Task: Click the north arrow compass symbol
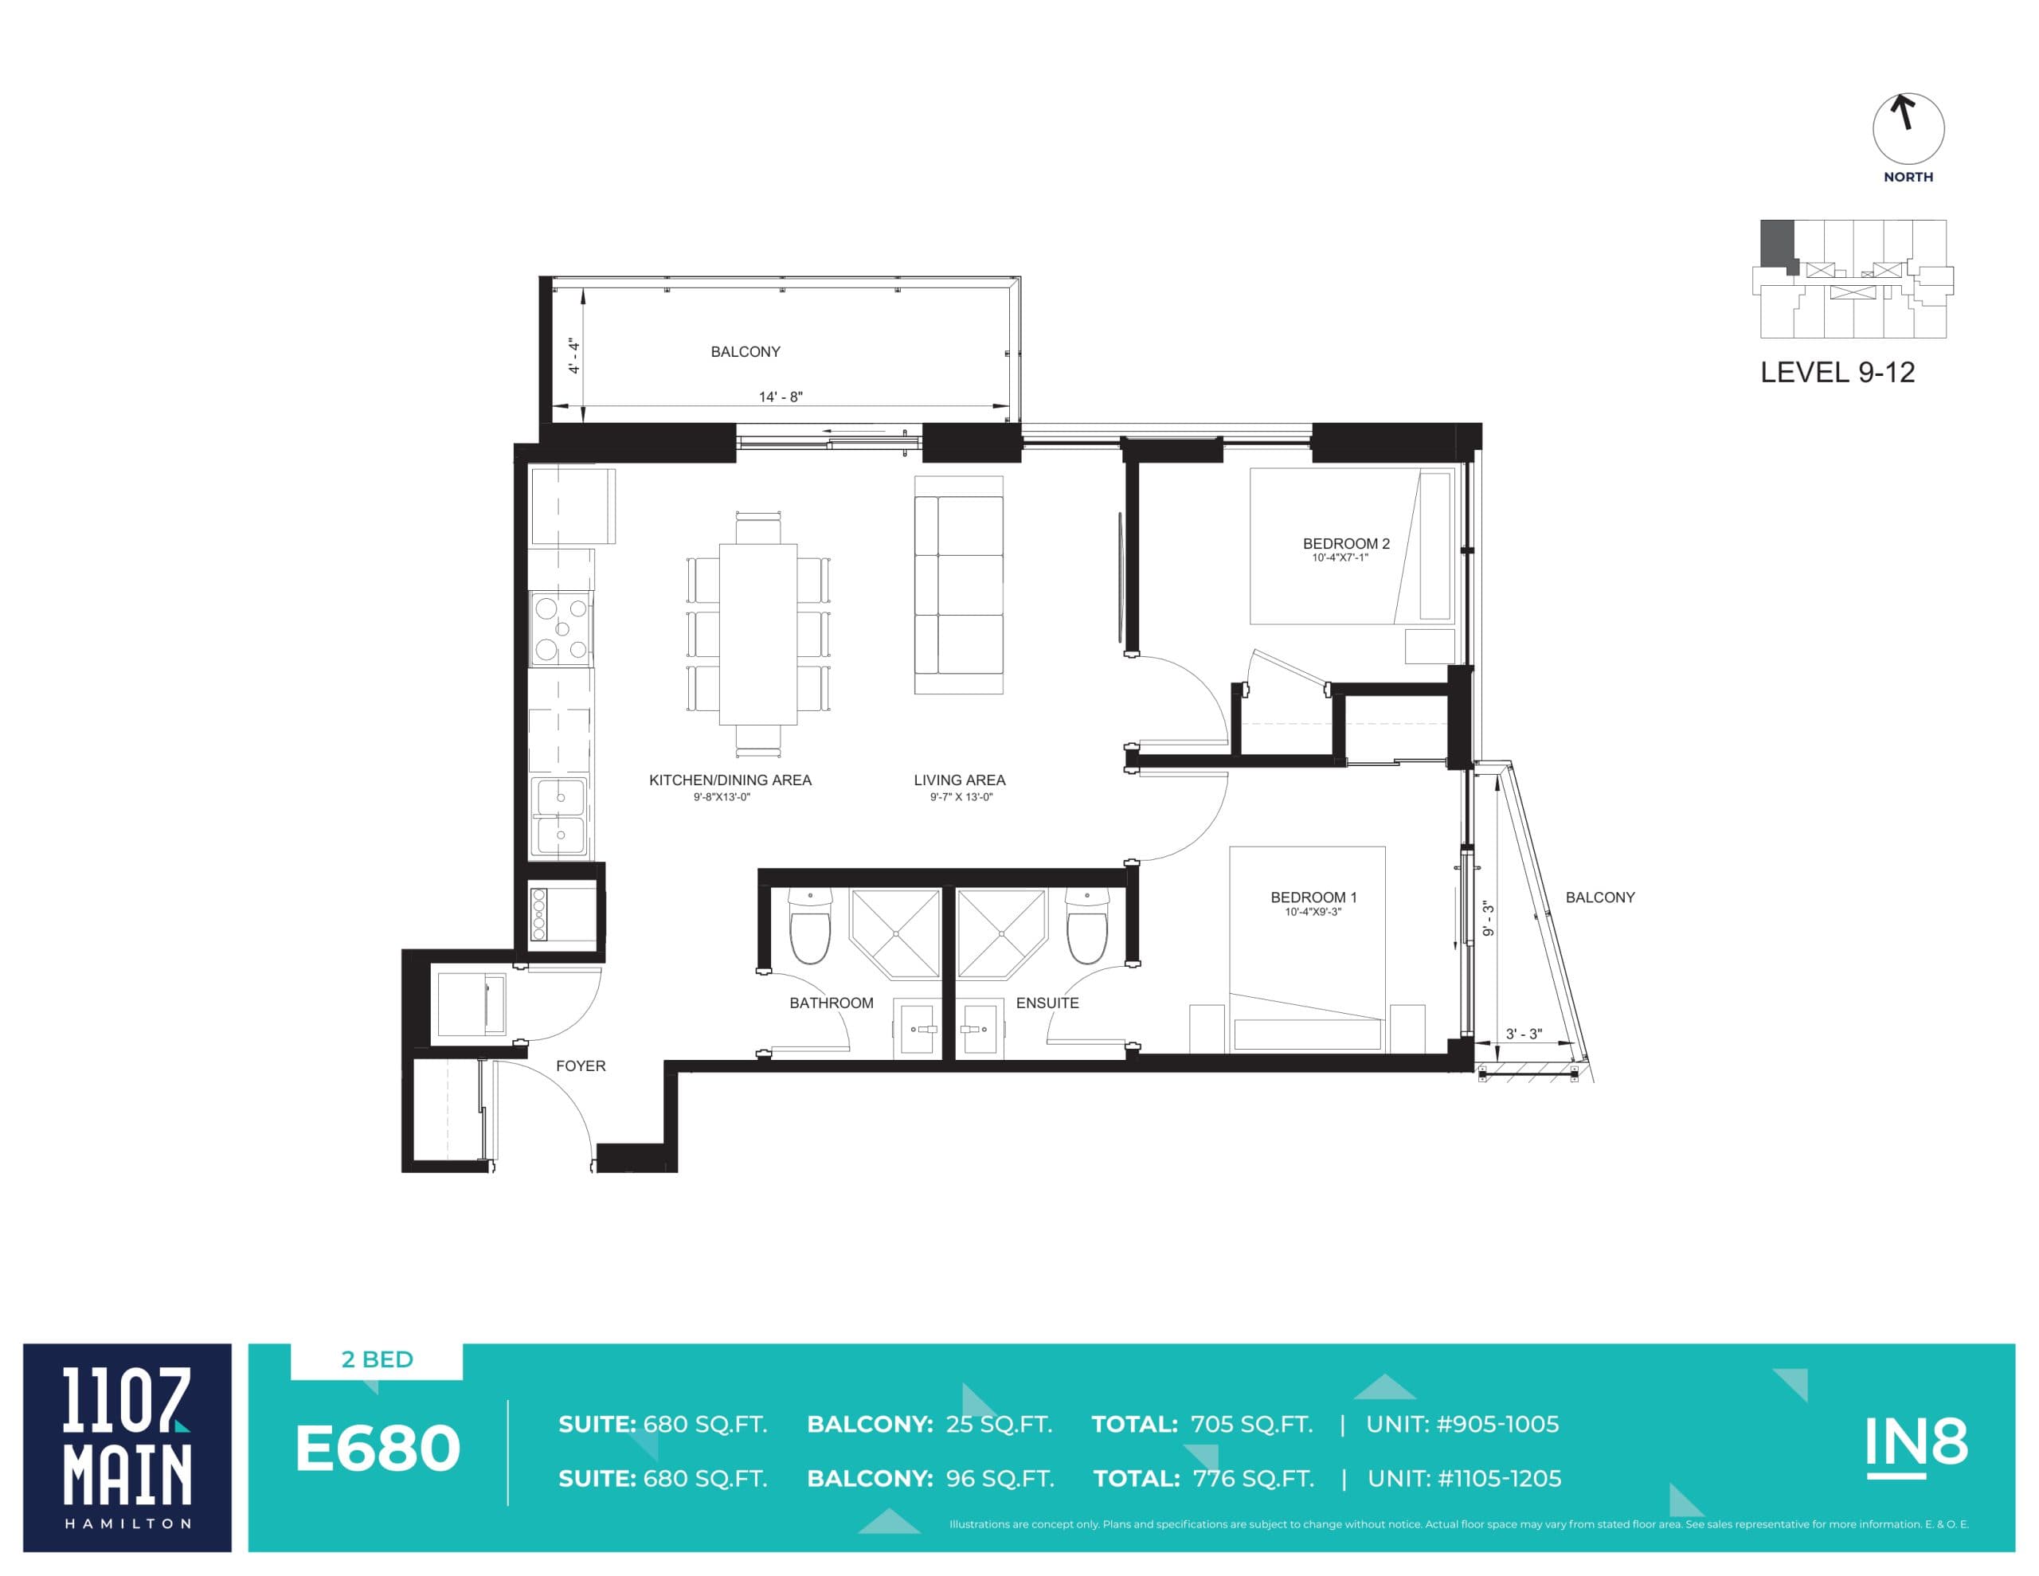tap(1908, 130)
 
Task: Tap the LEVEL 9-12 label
tap(1837, 373)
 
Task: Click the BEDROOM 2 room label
tap(1345, 543)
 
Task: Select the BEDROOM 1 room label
tap(1313, 897)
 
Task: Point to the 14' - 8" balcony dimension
tap(780, 397)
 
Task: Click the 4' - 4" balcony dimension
tap(574, 356)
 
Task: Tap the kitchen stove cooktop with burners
tap(560, 628)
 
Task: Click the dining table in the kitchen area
tap(757, 634)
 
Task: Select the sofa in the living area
tap(958, 585)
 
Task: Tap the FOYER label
tap(580, 1066)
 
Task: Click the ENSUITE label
tap(1047, 1003)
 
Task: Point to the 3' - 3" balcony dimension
tap(1524, 1034)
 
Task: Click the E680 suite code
tap(378, 1449)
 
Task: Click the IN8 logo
tap(1916, 1445)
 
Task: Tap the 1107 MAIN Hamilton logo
tap(127, 1447)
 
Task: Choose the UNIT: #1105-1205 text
tap(1463, 1479)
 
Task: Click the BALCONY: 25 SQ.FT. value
tap(929, 1425)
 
